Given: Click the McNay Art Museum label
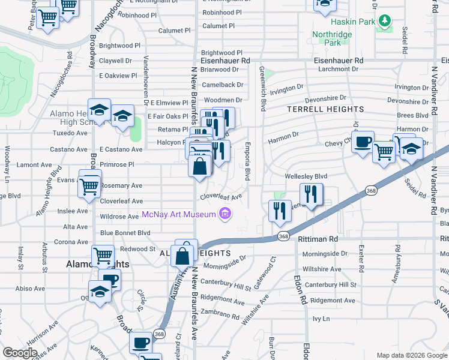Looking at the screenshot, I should pos(179,215).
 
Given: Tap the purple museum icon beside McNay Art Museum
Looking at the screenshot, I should pos(225,214).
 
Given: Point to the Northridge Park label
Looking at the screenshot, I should pos(331,39).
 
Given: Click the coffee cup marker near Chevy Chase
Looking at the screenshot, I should pos(363,143).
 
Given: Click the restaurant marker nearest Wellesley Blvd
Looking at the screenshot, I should pos(312,194).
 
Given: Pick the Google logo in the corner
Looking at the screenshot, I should pos(20,353).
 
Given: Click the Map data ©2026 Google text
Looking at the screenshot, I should pos(411,355).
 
